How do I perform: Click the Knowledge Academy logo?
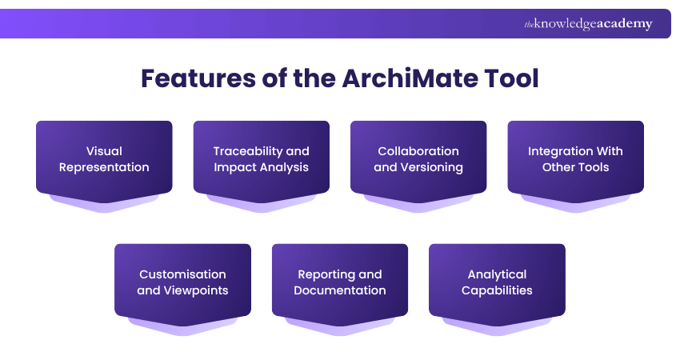pos(588,24)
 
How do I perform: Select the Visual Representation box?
pos(104,158)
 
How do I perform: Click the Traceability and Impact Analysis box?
pos(261,158)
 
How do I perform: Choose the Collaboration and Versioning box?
pos(418,158)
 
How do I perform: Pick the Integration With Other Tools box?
pos(575,158)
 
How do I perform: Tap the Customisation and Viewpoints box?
pos(182,282)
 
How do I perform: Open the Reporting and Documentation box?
pos(340,282)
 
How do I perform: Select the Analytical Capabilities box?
pos(497,282)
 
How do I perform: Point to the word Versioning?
pos(431,167)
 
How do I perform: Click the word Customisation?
pos(182,274)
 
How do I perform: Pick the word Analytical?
pos(497,274)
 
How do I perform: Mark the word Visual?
pos(104,151)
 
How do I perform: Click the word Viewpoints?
pos(196,290)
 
